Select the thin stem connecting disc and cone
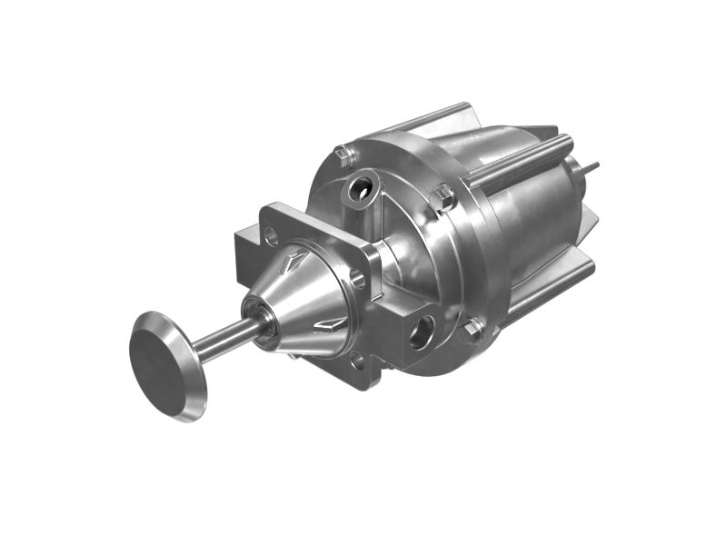pyautogui.click(x=224, y=337)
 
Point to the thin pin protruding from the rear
pyautogui.click(x=589, y=167)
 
